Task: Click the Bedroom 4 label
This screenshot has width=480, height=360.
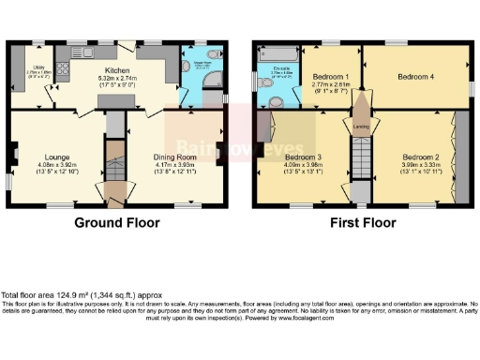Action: click(x=415, y=75)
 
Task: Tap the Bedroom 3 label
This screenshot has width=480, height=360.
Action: click(x=304, y=157)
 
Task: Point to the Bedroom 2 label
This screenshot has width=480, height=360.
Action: click(x=422, y=157)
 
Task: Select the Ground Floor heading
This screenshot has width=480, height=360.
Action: click(x=116, y=223)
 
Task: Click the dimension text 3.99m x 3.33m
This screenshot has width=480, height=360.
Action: click(x=422, y=166)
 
